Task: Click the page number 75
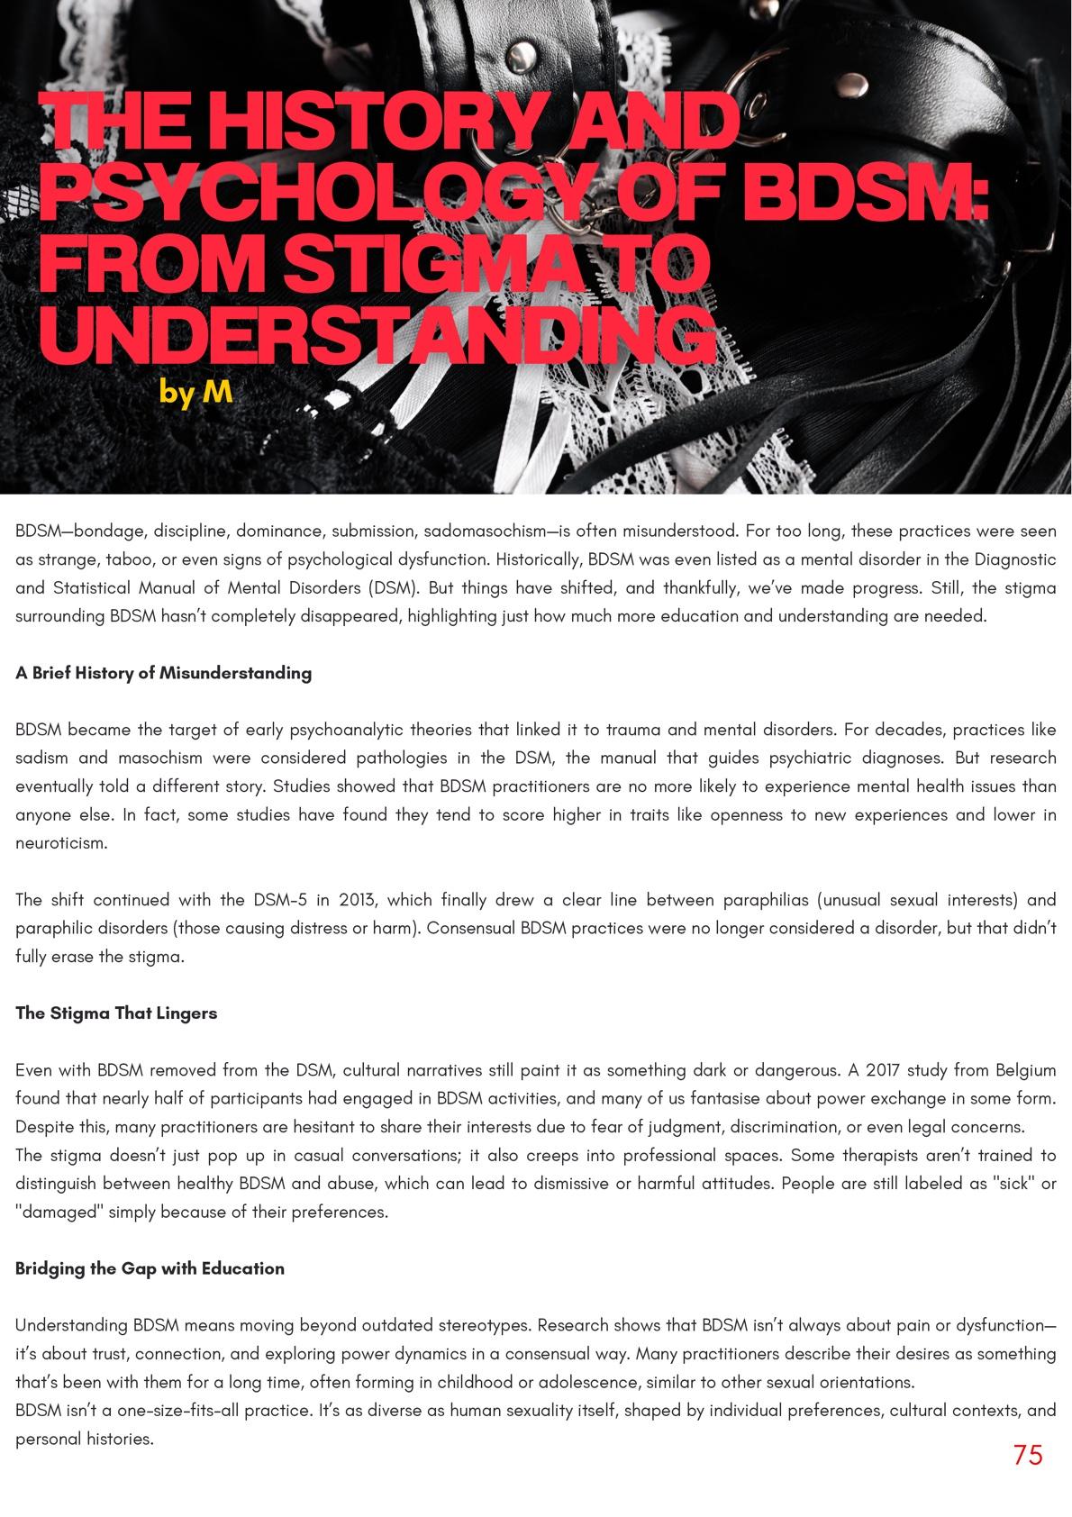1027,1455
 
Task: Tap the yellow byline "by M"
195,392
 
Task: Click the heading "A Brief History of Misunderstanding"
163,673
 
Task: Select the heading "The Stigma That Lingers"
116,1013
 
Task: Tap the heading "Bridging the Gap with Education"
150,1268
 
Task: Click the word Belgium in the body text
1025,1070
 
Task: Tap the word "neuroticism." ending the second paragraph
61,843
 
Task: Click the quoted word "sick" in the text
1014,1184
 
